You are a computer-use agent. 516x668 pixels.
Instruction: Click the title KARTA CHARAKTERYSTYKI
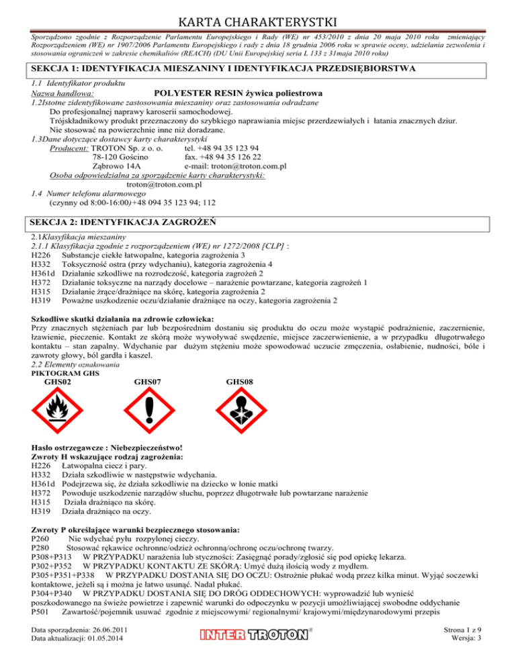tap(258, 14)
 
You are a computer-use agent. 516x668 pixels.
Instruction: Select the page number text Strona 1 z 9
tap(479, 646)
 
